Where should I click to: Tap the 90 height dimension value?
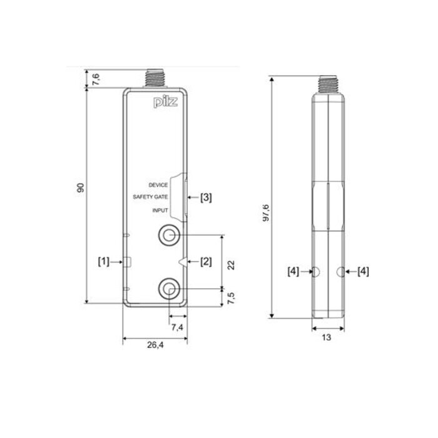point(80,188)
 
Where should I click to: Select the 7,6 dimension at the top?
point(95,78)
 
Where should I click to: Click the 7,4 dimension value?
point(176,327)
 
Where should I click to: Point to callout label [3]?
point(205,198)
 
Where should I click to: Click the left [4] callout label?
point(292,271)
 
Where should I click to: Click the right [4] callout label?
point(362,271)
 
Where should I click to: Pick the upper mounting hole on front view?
point(169,236)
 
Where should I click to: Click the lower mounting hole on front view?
point(169,288)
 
